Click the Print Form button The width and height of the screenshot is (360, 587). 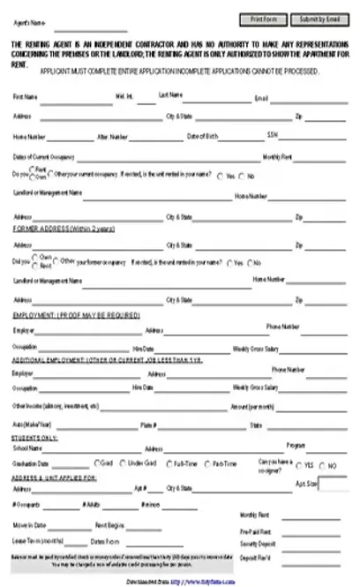pos(264,19)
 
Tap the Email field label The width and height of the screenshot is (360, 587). pos(261,98)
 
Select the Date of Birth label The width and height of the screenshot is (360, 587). pos(202,136)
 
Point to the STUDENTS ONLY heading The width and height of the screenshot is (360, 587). pos(34,438)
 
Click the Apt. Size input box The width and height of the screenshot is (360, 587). pos(333,484)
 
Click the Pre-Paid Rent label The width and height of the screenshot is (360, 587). pos(254,533)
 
